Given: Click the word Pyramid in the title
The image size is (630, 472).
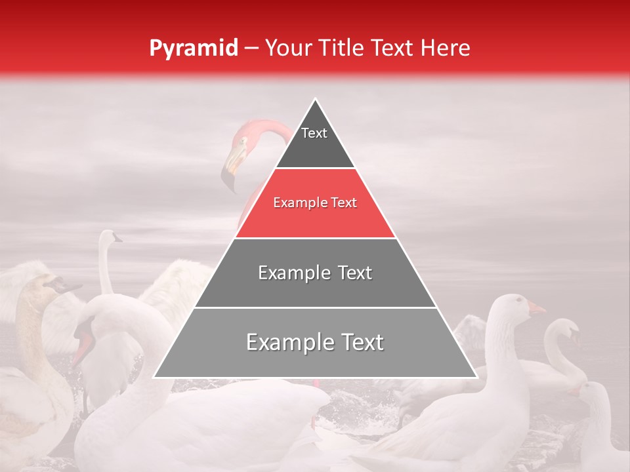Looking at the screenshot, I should tap(193, 49).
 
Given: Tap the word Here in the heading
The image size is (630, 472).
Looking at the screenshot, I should tap(446, 48).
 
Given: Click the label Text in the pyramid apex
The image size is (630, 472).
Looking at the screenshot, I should tap(314, 133).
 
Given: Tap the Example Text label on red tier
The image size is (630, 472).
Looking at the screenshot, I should tap(315, 203).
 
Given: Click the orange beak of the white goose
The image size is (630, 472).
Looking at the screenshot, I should tap(535, 308).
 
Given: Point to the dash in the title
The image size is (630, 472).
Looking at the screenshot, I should tap(251, 49).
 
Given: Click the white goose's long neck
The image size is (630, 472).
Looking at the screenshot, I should tap(502, 341).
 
